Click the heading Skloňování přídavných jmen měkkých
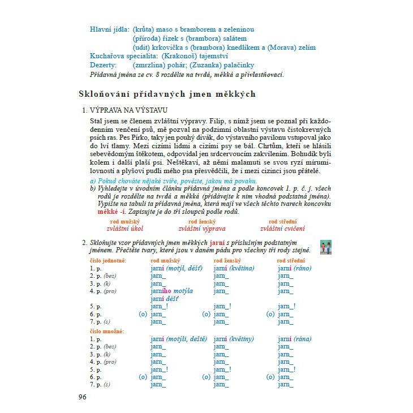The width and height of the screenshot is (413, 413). click(166, 94)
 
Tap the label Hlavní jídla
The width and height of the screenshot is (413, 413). click(109, 29)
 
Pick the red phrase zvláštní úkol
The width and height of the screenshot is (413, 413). click(125, 229)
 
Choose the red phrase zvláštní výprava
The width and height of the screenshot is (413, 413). click(202, 229)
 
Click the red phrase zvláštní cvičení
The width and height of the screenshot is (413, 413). click(282, 229)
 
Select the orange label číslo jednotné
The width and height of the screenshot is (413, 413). click(108, 260)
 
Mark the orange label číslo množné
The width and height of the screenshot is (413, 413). click(107, 331)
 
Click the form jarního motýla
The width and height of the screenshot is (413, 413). click(172, 291)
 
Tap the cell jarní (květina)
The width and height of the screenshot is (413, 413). click(234, 268)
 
